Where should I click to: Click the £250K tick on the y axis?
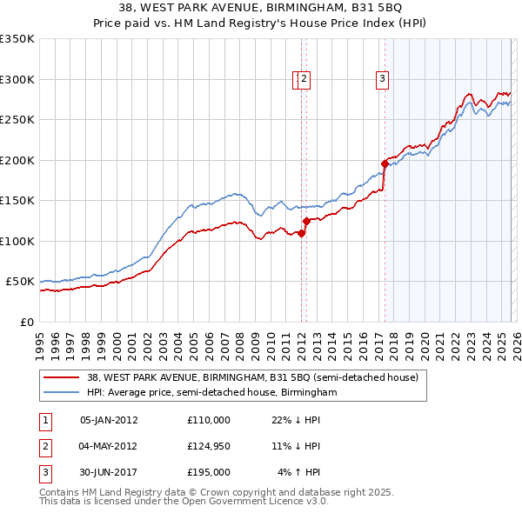click(x=17, y=120)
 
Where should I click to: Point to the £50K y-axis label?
click(x=20, y=282)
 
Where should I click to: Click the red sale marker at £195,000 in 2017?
click(x=385, y=163)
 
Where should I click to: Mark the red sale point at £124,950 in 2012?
click(x=306, y=221)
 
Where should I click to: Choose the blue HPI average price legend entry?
click(x=211, y=393)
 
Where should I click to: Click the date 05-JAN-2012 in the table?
click(x=108, y=420)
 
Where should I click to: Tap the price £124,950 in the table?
click(x=209, y=446)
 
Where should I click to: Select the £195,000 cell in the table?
click(x=209, y=472)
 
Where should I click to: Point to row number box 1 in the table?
click(x=43, y=420)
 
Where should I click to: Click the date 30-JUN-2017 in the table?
click(x=108, y=472)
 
